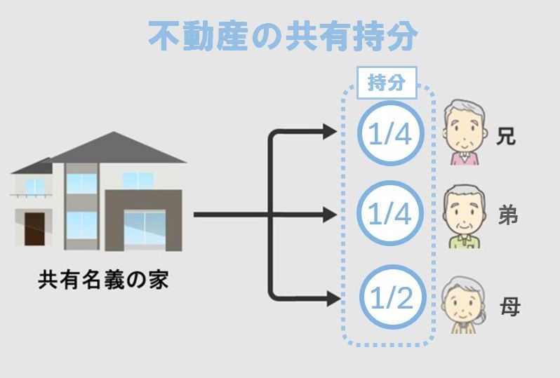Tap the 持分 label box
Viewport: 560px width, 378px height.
coord(387,83)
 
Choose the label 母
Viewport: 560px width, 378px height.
coord(509,307)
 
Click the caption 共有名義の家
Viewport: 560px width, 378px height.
coord(103,281)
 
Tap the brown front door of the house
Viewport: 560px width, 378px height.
coord(34,227)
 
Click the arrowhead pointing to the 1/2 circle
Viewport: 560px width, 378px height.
coord(330,299)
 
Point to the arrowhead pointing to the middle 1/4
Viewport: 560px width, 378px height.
coord(330,215)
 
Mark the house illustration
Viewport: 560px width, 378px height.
coord(98,196)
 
